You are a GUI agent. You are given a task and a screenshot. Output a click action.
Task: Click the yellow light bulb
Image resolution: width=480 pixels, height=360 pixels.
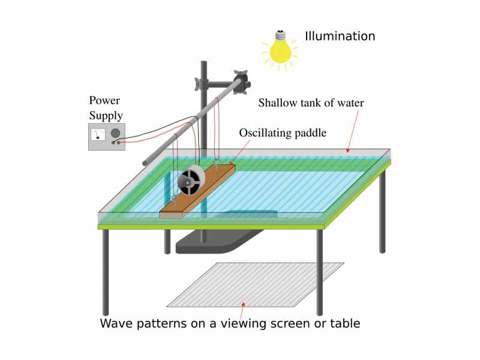pyautogui.click(x=280, y=51)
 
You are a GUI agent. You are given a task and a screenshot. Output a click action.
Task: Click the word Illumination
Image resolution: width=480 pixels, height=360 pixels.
pyautogui.click(x=340, y=36)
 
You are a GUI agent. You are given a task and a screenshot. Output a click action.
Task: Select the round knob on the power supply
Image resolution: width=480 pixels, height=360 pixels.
pyautogui.click(x=115, y=133)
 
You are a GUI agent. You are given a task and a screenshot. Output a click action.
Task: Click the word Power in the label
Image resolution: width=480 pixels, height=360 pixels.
pyautogui.click(x=104, y=100)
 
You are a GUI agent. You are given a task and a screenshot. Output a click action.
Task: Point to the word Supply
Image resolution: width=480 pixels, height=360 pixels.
pyautogui.click(x=106, y=115)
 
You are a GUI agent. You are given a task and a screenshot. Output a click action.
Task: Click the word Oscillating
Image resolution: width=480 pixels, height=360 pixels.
pyautogui.click(x=265, y=133)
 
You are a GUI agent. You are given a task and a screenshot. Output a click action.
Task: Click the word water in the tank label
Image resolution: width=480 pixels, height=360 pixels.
pyautogui.click(x=349, y=103)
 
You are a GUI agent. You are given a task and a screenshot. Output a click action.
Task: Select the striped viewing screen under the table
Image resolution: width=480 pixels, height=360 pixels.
pyautogui.click(x=255, y=284)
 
